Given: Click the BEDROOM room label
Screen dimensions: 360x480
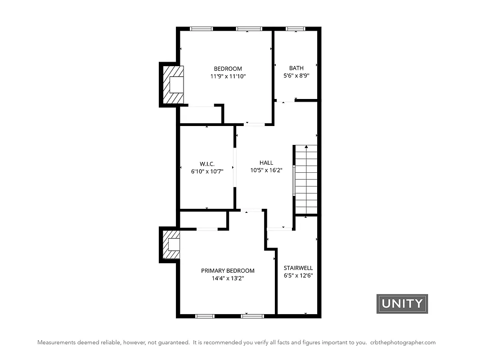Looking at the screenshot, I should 228,68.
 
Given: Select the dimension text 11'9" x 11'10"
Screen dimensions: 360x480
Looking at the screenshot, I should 228,76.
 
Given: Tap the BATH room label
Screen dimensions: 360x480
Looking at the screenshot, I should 296,68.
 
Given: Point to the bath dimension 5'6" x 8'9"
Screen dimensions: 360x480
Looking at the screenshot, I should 296,76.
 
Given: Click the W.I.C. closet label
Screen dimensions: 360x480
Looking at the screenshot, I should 207,163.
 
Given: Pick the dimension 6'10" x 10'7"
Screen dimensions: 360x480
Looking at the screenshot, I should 207,171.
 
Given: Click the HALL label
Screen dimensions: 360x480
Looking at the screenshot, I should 266,163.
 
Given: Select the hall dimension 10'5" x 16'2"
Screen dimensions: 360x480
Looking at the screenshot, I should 266,171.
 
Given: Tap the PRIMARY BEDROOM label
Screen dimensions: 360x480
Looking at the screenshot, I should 228,270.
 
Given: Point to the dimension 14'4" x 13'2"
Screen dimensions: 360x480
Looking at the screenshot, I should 228,278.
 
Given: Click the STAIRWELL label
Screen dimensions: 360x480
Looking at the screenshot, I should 298,268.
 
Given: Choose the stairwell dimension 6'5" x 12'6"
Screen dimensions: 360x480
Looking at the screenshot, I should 298,275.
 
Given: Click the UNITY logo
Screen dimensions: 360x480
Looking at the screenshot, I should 402,304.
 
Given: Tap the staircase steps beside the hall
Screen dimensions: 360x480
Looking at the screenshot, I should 306,180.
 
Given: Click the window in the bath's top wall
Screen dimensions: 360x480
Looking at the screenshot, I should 296,29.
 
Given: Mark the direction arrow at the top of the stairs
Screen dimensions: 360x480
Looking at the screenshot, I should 306,147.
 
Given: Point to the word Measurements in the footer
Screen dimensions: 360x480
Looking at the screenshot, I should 56,342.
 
